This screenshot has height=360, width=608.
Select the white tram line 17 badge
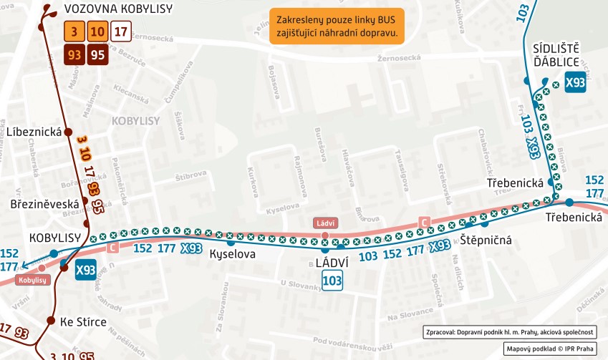point(122,31)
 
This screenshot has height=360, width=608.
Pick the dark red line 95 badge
point(97,54)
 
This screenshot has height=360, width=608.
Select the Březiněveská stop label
point(44,204)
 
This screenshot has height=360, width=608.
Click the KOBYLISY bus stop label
point(54,237)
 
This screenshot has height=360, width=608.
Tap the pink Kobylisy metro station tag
point(32,280)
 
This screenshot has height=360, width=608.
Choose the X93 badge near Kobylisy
point(85,270)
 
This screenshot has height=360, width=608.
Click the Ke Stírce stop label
point(83,322)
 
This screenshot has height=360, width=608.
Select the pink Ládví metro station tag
point(324,223)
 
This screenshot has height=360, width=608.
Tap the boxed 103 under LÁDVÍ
point(332,281)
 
